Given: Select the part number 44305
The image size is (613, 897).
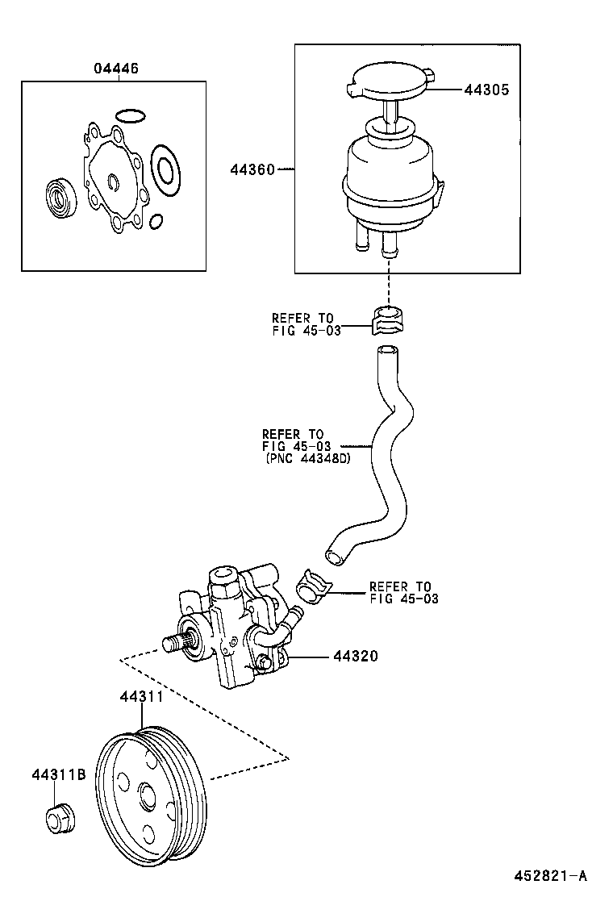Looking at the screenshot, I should [x=486, y=91].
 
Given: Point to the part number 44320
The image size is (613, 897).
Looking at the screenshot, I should [x=356, y=657].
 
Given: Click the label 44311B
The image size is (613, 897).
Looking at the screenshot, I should [x=59, y=774].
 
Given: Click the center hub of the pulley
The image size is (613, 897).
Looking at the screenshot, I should [x=147, y=796].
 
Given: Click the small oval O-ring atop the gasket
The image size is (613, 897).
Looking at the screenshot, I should [x=128, y=115].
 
